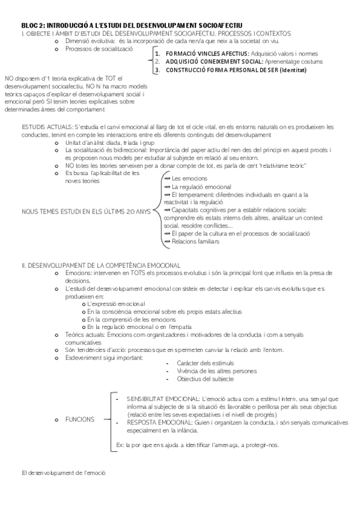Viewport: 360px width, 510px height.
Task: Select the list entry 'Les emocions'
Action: (189, 179)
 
